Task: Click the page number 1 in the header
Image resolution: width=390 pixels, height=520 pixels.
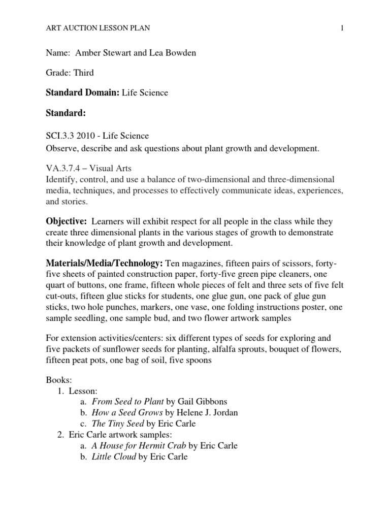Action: (x=342, y=28)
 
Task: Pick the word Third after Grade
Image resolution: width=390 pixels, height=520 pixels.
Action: (x=84, y=73)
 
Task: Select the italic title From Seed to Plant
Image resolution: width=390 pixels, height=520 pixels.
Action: (x=124, y=402)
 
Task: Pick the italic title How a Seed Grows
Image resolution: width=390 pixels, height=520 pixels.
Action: (x=127, y=412)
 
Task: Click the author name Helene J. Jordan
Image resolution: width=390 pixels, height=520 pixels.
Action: (x=206, y=412)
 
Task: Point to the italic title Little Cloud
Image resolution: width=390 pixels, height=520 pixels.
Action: (x=114, y=457)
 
